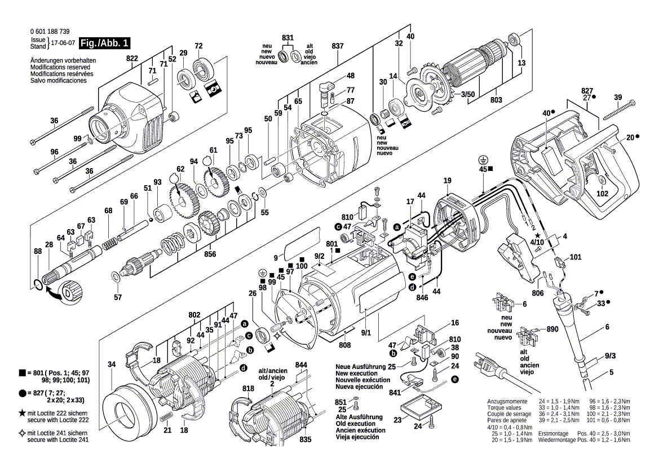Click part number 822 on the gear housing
click(132, 59)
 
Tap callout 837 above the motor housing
click(338, 45)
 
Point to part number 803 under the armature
click(496, 99)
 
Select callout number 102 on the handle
click(603, 193)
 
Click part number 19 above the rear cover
click(447, 181)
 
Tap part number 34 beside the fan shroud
click(112, 364)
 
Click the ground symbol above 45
click(483, 160)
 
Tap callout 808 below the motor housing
click(344, 345)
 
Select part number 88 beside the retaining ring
click(37, 252)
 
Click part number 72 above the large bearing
click(198, 46)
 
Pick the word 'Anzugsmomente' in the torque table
click(506, 401)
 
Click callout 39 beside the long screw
click(618, 98)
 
